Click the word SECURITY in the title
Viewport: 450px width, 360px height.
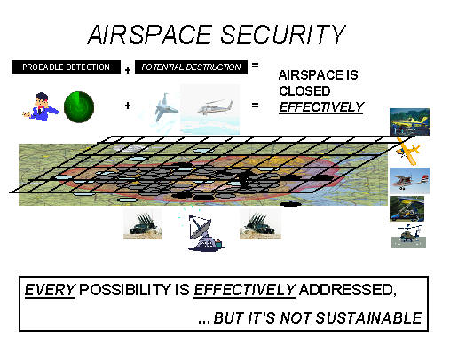click(283, 35)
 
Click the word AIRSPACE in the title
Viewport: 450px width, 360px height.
click(150, 35)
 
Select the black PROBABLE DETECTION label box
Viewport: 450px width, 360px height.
click(66, 67)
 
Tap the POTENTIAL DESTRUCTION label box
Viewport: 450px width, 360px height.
click(191, 67)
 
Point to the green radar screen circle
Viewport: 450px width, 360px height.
click(79, 107)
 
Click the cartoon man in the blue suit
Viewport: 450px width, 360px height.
click(41, 106)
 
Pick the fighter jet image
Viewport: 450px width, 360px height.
click(165, 107)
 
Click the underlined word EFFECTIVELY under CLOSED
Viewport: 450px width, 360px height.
click(321, 107)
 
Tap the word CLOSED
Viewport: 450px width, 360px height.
click(304, 91)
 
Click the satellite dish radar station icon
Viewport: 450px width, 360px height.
click(205, 233)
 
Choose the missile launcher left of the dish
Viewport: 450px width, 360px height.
click(143, 224)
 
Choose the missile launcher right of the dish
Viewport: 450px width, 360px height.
click(260, 224)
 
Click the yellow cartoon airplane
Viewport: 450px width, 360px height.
click(408, 151)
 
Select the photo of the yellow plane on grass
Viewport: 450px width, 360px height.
click(409, 121)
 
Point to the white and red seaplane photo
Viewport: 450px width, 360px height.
click(409, 181)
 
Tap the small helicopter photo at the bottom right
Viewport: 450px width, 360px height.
click(409, 236)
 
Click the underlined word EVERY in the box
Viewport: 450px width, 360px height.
click(50, 290)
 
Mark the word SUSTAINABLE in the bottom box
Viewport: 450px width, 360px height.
click(369, 318)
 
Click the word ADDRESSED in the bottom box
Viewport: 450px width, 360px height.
click(347, 290)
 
